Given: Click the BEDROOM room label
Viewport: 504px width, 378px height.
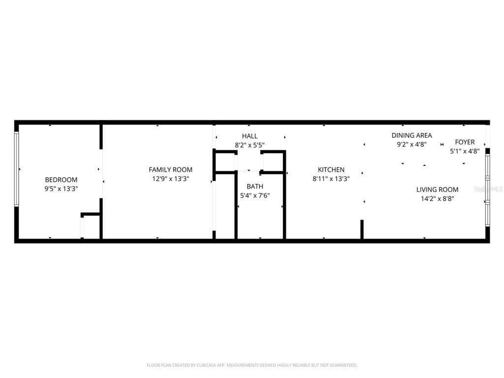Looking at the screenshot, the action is pyautogui.click(x=61, y=180).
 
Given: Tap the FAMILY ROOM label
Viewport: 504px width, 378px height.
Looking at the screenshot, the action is pyautogui.click(x=170, y=170).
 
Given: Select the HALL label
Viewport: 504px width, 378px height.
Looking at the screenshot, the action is pyautogui.click(x=250, y=136).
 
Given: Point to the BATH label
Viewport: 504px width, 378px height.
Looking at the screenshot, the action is pyautogui.click(x=255, y=187).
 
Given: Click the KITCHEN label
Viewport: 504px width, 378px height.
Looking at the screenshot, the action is pyautogui.click(x=331, y=170).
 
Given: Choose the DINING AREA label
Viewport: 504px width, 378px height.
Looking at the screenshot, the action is pyautogui.click(x=412, y=135).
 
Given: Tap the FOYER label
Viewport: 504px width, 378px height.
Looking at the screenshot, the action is pyautogui.click(x=465, y=142).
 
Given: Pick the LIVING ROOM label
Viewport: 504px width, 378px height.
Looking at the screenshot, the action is pyautogui.click(x=437, y=189).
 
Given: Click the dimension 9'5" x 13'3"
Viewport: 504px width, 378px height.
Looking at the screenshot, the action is pyautogui.click(x=61, y=189).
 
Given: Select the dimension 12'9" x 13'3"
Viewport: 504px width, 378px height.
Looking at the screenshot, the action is pyautogui.click(x=170, y=179).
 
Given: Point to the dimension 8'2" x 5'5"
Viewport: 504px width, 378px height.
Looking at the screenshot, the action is pyautogui.click(x=250, y=145).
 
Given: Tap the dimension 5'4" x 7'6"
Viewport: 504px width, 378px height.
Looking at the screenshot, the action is pyautogui.click(x=255, y=195).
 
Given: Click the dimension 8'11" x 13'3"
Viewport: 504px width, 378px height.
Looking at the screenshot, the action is pyautogui.click(x=331, y=179).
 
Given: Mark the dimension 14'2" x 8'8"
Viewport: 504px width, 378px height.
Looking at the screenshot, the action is pyautogui.click(x=437, y=199).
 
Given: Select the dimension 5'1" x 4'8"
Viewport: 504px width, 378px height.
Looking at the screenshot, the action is pyautogui.click(x=465, y=151).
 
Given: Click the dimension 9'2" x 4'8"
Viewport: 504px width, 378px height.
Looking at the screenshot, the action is pyautogui.click(x=412, y=144).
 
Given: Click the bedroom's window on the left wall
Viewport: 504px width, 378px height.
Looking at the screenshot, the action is pyautogui.click(x=17, y=169).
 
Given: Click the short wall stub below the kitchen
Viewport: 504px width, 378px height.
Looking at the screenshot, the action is pyautogui.click(x=362, y=229).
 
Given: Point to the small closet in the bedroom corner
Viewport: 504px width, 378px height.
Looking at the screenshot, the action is pyautogui.click(x=91, y=225).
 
